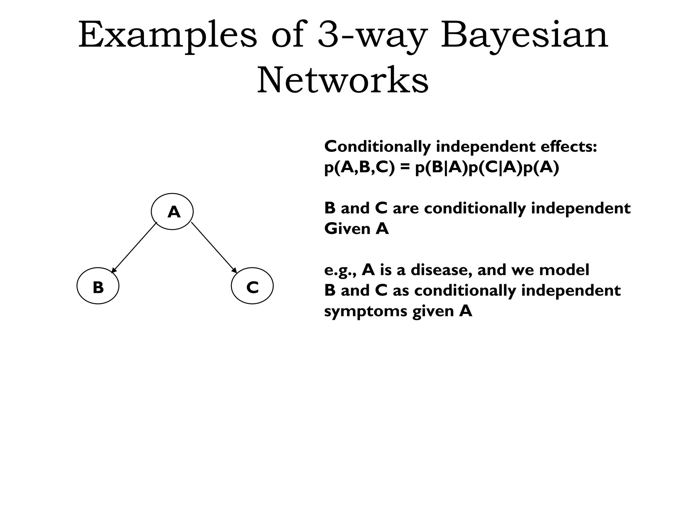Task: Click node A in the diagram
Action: [x=172, y=211]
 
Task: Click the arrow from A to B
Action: [x=134, y=247]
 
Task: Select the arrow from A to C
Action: [x=214, y=247]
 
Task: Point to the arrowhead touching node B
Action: [x=113, y=271]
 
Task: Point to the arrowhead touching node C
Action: [x=234, y=271]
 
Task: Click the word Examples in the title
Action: [x=167, y=35]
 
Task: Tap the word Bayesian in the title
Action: [x=524, y=35]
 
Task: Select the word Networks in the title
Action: [x=343, y=80]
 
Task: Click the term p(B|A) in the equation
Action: [x=441, y=167]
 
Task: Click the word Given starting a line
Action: [x=347, y=229]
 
